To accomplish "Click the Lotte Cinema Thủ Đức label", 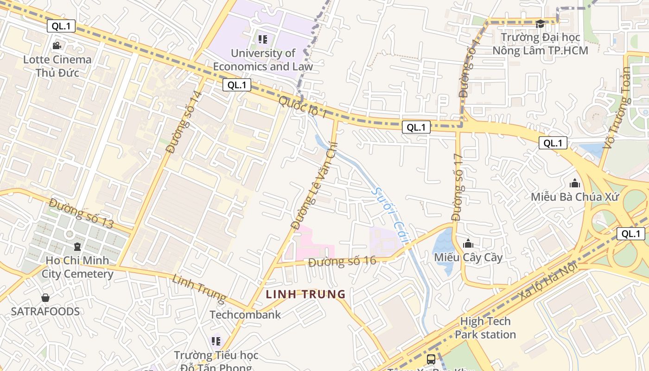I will point(57,66).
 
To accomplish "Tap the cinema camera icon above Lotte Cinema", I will point(57,45).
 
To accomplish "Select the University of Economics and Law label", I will point(263,60).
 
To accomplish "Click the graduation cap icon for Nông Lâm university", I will point(540,24).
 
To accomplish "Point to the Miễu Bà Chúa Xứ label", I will point(575,197).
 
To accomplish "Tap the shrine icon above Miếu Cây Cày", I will point(468,243).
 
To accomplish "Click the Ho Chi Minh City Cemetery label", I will point(77,267).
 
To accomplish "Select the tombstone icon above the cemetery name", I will point(77,246).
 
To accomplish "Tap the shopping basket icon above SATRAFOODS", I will point(45,297).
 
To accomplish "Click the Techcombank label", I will point(245,315).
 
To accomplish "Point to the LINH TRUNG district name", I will point(306,294).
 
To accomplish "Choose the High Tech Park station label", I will point(485,328).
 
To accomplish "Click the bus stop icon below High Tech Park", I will point(431,359).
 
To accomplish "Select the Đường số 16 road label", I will point(342,261).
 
